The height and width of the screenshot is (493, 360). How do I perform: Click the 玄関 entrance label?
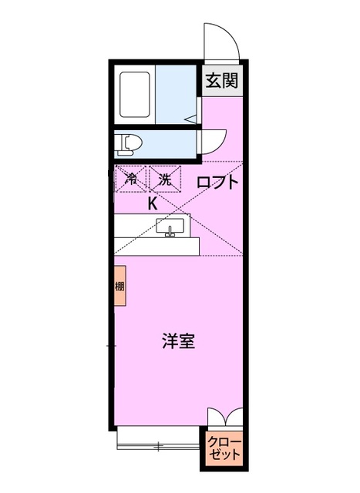[220, 81]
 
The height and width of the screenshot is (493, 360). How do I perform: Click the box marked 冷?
[131, 179]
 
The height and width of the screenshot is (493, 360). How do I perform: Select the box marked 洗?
[163, 179]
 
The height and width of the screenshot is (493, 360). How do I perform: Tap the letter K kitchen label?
[153, 203]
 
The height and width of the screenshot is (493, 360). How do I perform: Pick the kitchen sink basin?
[170, 226]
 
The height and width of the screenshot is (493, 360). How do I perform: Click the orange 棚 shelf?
[119, 286]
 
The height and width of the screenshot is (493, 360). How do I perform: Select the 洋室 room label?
[178, 341]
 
